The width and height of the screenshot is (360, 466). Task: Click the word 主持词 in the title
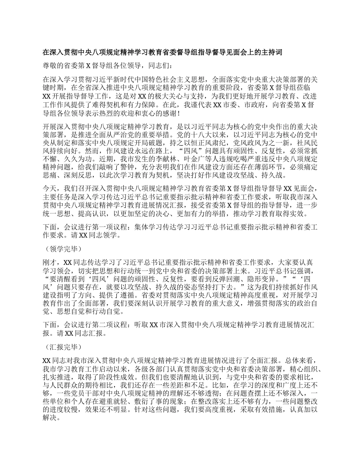pos(272,52)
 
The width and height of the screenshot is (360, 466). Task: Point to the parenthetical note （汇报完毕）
pos(63,347)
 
